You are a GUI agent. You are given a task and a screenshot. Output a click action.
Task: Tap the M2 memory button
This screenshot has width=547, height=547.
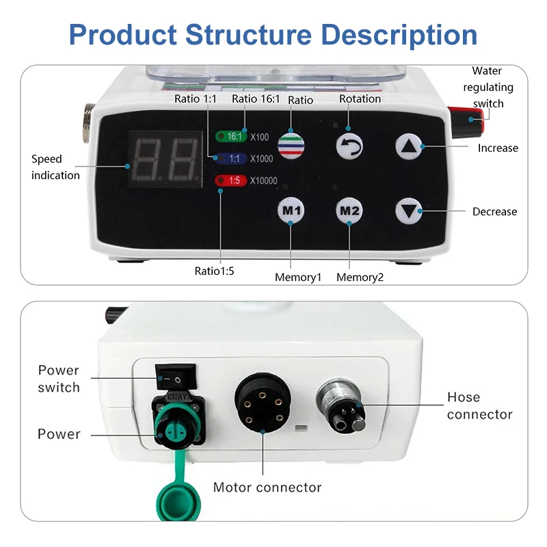[349, 211]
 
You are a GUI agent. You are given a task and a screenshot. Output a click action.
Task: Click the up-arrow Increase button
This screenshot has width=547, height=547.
[408, 146]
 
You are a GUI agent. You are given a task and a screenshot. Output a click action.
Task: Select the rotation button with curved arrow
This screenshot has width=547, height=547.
[349, 146]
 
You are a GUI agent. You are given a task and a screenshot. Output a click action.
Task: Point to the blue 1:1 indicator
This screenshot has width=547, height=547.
[231, 159]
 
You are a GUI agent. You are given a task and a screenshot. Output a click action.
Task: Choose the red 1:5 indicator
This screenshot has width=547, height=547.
[231, 181]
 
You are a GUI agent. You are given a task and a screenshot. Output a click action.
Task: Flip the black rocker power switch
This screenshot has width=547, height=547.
[174, 377]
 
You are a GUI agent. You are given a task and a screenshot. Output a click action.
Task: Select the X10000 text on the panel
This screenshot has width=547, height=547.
[264, 181]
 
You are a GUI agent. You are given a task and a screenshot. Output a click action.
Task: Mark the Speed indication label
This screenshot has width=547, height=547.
[55, 167]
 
